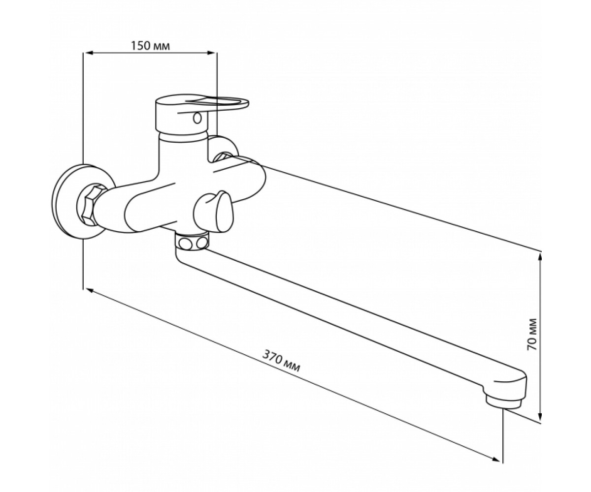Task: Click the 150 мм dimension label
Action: pos(150,46)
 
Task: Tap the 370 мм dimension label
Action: pos(281,361)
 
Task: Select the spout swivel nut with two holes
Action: pos(192,241)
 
